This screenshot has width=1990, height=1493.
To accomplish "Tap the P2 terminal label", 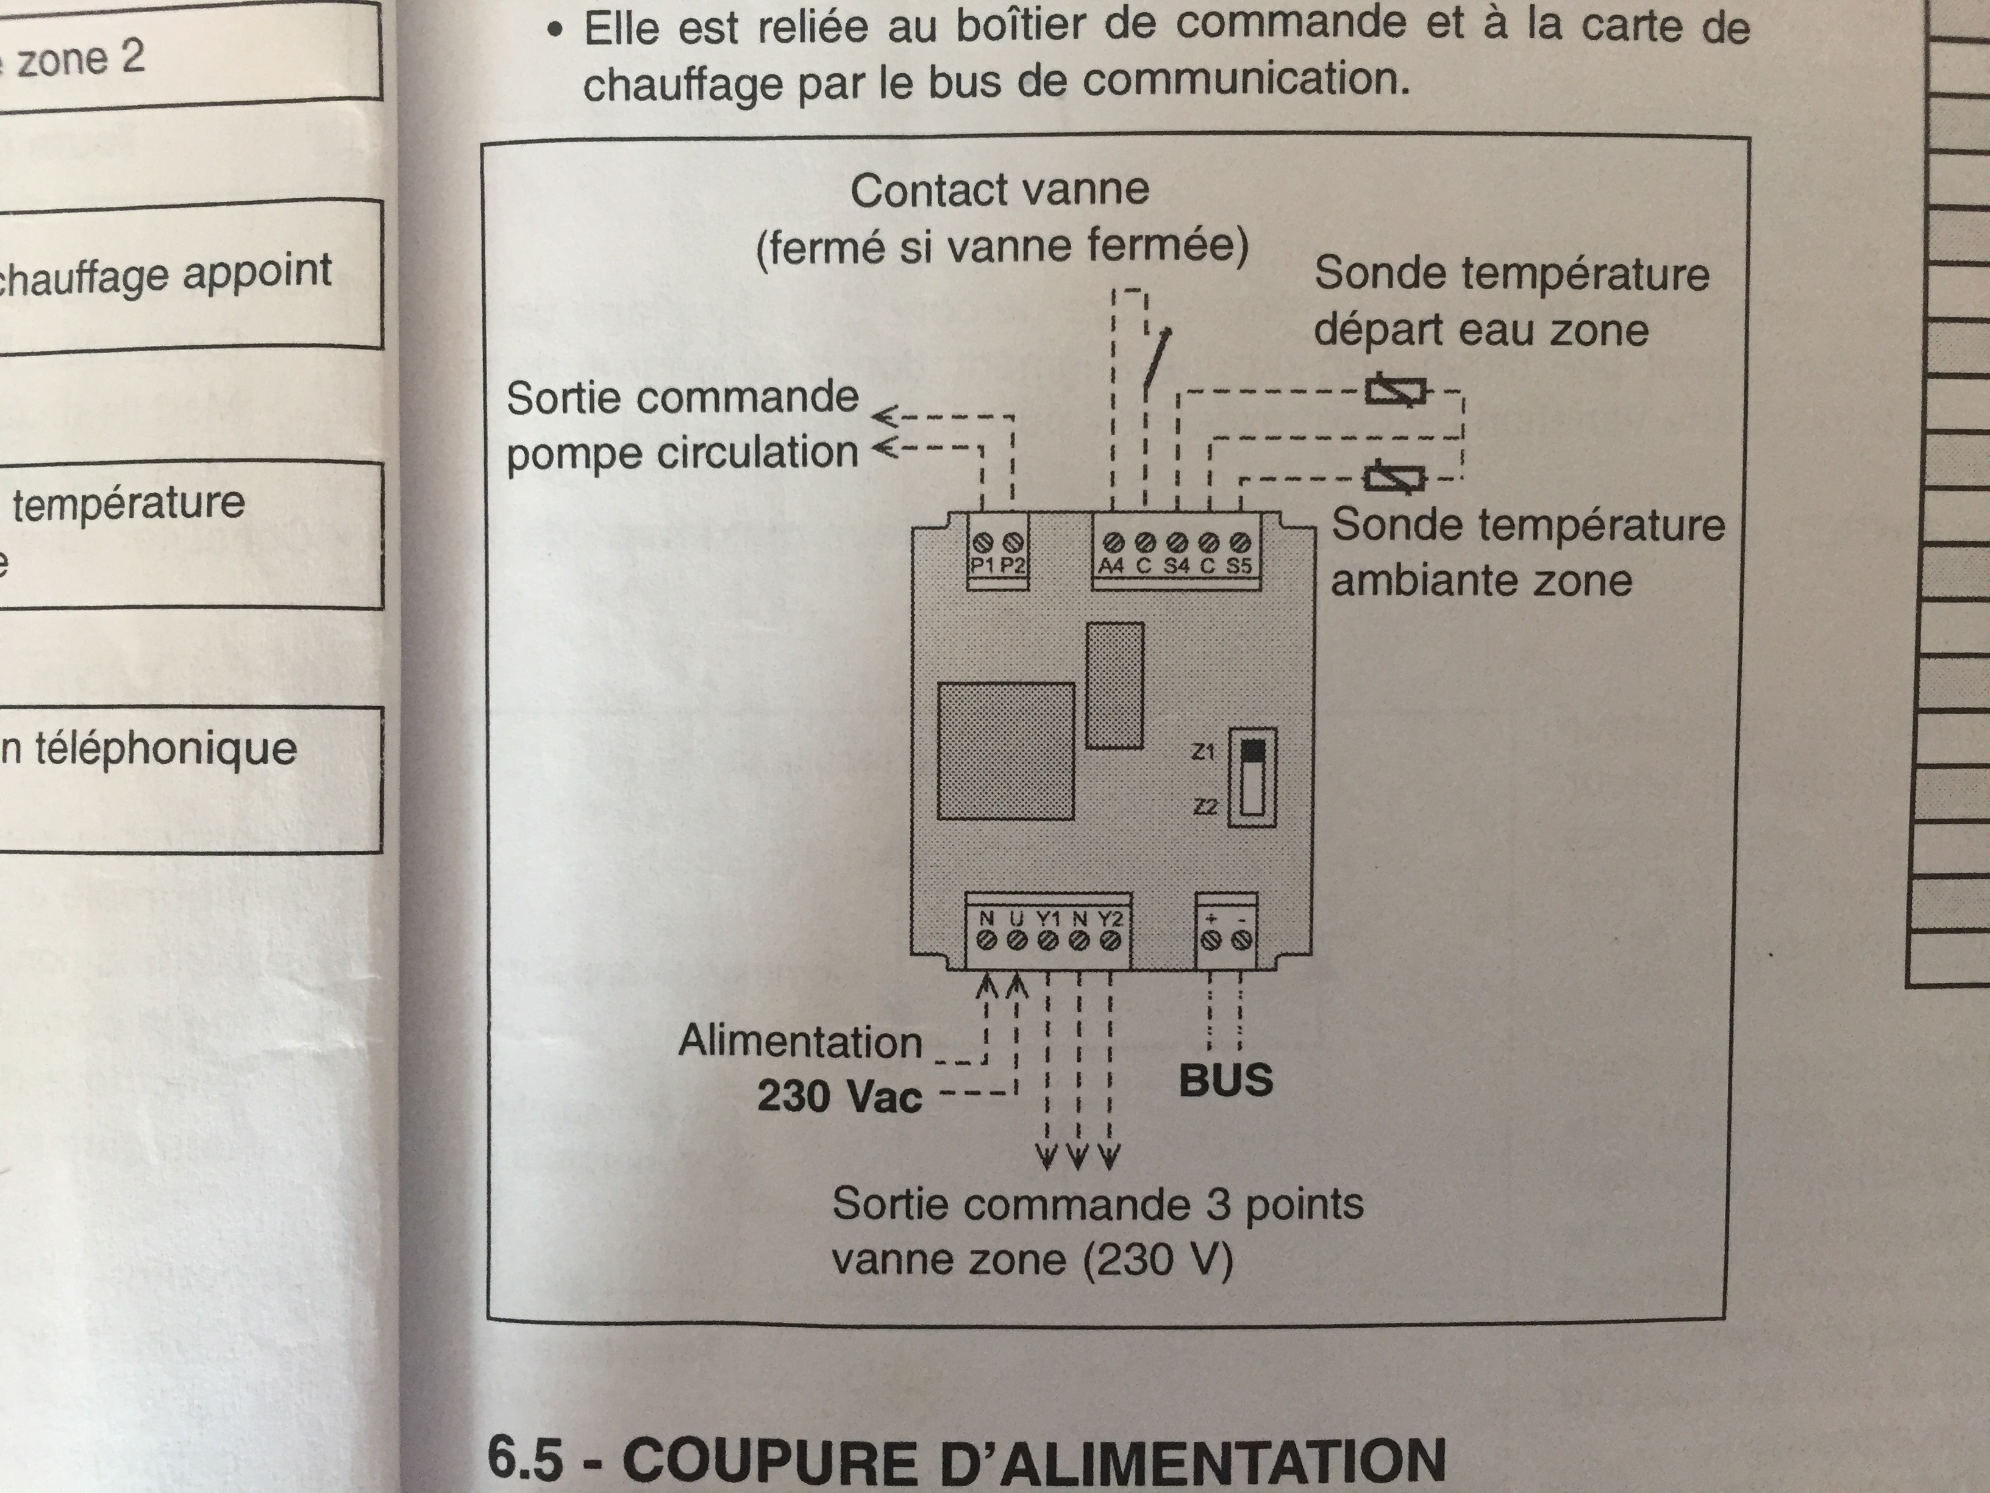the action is tap(1013, 566).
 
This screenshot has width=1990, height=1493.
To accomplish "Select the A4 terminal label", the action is tap(1111, 566).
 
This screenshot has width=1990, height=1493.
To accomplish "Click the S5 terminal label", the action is tap(1239, 566).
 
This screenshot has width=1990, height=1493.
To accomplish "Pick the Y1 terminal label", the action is tap(1048, 919).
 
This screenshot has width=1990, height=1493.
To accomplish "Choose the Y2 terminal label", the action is tap(1111, 919).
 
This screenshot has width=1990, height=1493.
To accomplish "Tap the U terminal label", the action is tap(1016, 919).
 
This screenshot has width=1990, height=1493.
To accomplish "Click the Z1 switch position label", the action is tap(1204, 751).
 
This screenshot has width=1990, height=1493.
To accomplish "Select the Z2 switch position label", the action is tap(1205, 807).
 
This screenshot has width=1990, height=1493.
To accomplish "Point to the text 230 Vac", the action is tap(840, 1096).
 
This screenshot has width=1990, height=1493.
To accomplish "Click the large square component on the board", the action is tap(1006, 751).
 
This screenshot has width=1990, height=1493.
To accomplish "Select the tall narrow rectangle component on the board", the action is tap(1114, 685).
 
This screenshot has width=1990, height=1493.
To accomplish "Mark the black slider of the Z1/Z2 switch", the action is tap(1252, 751).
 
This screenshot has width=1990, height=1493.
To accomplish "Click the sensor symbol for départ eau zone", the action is tap(1396, 392).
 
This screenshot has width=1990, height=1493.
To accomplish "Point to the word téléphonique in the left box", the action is tap(166, 749).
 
